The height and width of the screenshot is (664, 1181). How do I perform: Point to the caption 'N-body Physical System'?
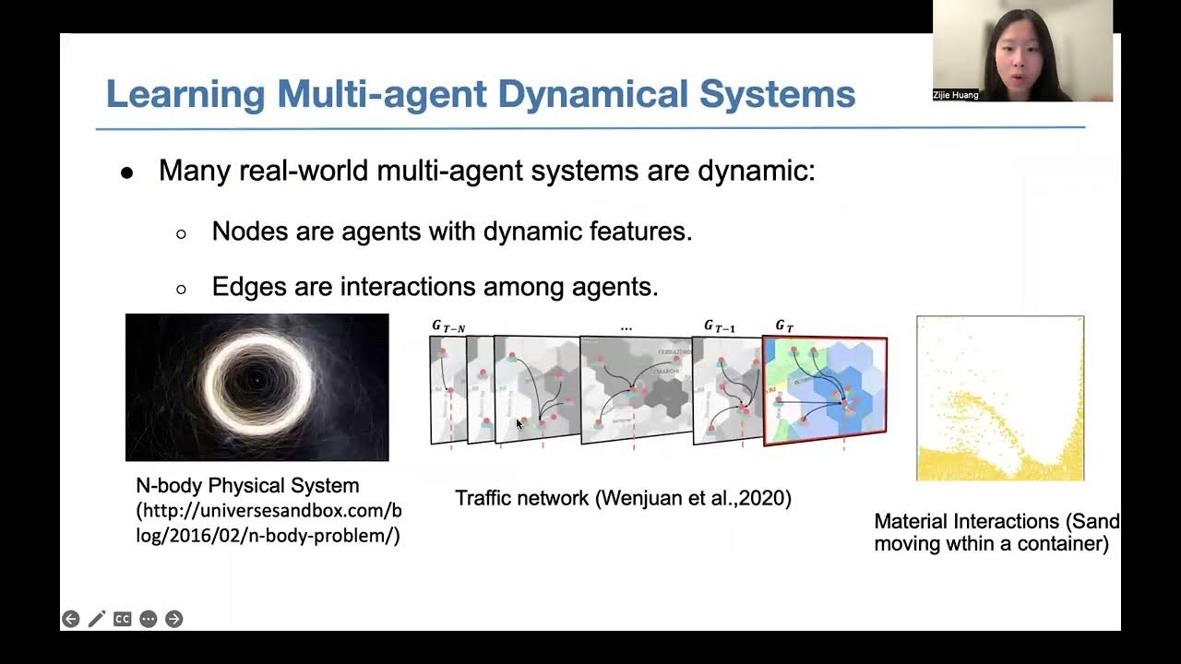point(247,486)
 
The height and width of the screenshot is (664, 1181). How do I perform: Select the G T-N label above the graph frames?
point(448,326)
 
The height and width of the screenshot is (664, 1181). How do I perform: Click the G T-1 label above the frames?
point(721,326)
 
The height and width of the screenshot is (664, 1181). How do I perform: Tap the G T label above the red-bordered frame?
point(783,326)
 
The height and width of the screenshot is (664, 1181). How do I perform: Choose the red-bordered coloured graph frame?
point(825,391)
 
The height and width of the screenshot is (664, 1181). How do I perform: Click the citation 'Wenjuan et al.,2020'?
point(693,499)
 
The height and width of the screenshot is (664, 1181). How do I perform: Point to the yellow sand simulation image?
point(999,398)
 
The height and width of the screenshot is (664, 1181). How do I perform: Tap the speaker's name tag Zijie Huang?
point(956,95)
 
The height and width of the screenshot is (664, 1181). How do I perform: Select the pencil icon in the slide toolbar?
point(96,619)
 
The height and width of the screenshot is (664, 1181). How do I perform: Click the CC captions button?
point(122,619)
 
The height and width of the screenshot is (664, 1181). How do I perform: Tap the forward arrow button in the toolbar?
point(173,619)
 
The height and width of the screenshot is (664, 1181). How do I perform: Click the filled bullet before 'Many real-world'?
point(127,173)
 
